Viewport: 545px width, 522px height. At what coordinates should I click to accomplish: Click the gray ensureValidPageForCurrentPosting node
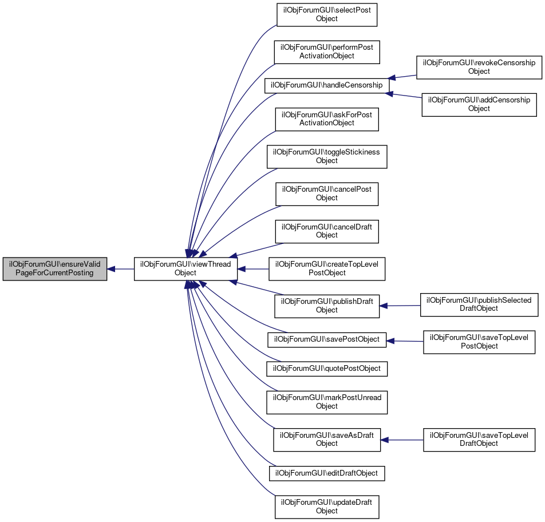(55, 268)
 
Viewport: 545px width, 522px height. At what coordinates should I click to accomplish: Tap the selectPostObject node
(327, 14)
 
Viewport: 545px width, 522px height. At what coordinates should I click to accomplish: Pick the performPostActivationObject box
(327, 52)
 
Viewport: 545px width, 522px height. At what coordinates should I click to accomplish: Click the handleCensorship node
(326, 85)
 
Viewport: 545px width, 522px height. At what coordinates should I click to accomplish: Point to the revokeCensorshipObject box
(479, 67)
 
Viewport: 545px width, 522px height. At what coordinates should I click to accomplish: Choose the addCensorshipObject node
(479, 104)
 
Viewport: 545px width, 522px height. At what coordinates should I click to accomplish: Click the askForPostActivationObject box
(327, 119)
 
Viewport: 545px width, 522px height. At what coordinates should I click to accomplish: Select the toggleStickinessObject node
(327, 156)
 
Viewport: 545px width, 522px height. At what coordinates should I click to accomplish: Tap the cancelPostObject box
(327, 193)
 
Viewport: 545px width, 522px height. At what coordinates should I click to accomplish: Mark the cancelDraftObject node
(327, 231)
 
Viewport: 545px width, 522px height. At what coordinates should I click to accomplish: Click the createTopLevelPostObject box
(327, 268)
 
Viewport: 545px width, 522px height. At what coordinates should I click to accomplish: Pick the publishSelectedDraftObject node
(479, 304)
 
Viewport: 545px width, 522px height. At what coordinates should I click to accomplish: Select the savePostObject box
(327, 339)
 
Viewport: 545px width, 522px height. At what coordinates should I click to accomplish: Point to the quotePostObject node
(327, 369)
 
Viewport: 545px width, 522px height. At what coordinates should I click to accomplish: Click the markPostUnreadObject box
(327, 402)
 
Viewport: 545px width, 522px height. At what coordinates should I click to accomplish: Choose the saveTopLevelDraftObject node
(479, 439)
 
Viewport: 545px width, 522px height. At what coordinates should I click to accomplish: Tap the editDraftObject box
(327, 473)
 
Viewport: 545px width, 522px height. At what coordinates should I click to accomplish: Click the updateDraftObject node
(327, 506)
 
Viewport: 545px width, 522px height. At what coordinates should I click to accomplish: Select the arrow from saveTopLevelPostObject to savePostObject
(405, 341)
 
